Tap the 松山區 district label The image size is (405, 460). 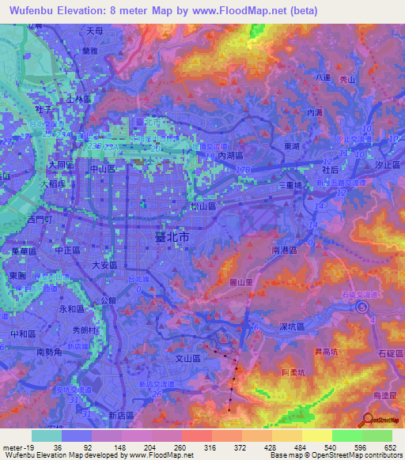(x=202, y=205)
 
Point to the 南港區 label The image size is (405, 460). (x=283, y=249)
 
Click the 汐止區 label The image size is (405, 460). (x=388, y=164)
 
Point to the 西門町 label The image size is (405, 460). (x=39, y=219)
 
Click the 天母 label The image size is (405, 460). (x=95, y=31)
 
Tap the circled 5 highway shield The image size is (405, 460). (x=362, y=308)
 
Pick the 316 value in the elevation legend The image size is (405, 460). (x=211, y=447)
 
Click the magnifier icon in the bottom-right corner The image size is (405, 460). (x=369, y=421)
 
